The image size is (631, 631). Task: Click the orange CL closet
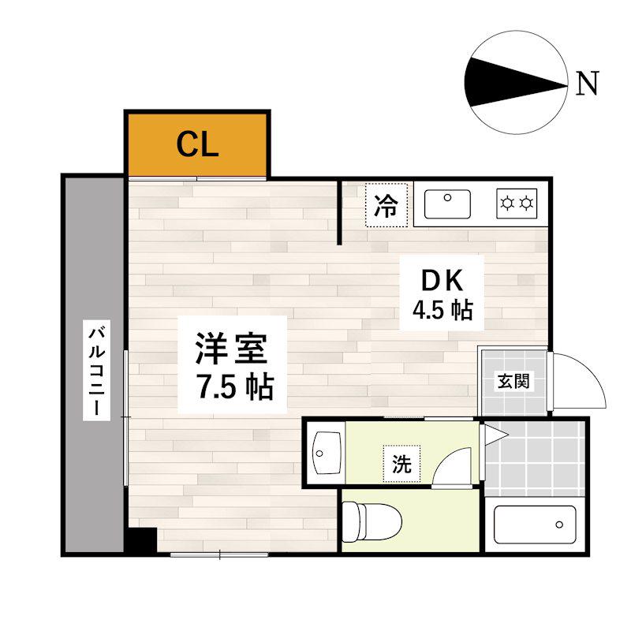pyautogui.click(x=197, y=144)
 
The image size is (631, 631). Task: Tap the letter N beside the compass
pyautogui.click(x=587, y=83)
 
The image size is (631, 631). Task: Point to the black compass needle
pyautogui.click(x=516, y=83)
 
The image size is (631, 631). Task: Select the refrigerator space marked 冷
pyautogui.click(x=386, y=205)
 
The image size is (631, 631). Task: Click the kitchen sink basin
pyautogui.click(x=447, y=204)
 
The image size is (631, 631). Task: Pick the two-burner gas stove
pyautogui.click(x=517, y=203)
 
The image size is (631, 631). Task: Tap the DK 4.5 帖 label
pyautogui.click(x=442, y=293)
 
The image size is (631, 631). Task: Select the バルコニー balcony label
pyautogui.click(x=96, y=370)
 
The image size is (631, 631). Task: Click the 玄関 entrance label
pyautogui.click(x=513, y=381)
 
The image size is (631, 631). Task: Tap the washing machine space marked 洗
pyautogui.click(x=401, y=464)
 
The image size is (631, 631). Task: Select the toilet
pyautogui.click(x=372, y=521)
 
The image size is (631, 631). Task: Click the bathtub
pyautogui.click(x=535, y=525)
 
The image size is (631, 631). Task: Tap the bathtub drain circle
pyautogui.click(x=559, y=525)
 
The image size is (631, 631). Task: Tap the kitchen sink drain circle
pyautogui.click(x=447, y=198)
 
